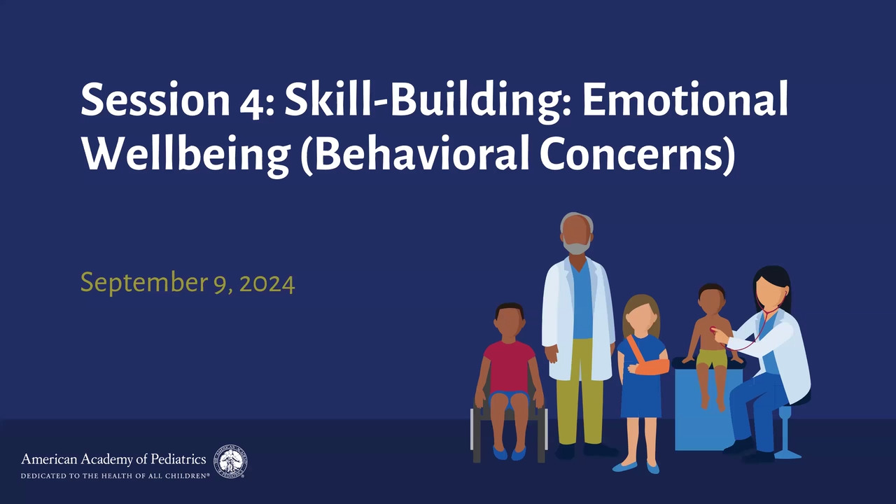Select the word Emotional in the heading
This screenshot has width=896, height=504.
click(x=685, y=99)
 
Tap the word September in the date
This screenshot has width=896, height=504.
click(x=143, y=283)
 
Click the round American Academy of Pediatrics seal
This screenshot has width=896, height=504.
click(x=230, y=461)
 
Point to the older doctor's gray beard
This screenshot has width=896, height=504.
click(x=576, y=245)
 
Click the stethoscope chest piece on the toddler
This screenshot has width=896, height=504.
click(x=713, y=330)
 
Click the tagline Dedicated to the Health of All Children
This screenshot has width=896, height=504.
click(x=115, y=476)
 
